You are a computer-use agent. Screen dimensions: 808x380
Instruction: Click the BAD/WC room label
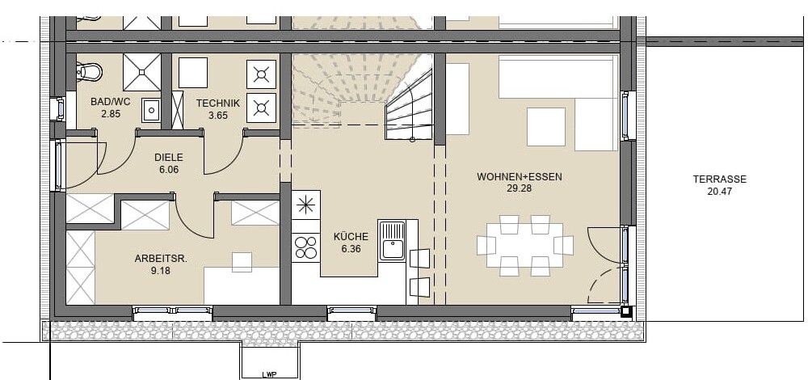[x=110, y=102]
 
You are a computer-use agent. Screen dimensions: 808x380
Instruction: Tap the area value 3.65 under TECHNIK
[x=218, y=116]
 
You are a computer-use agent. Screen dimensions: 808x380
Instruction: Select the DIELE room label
[x=169, y=158]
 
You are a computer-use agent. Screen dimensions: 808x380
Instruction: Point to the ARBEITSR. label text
[x=161, y=259]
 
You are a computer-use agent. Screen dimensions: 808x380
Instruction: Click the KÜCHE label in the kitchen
[x=351, y=237]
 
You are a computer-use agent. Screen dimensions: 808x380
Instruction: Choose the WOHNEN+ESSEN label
[x=520, y=177]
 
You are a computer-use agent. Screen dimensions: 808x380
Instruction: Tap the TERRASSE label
[x=719, y=179]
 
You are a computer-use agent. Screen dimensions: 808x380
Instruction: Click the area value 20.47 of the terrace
[x=719, y=192]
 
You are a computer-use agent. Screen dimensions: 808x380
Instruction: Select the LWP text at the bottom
[x=270, y=375]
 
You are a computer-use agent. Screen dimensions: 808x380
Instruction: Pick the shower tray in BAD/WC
[x=141, y=72]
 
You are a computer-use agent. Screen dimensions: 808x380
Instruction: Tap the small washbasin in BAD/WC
[x=150, y=110]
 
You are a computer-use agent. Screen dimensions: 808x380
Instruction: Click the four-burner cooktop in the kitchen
[x=305, y=247]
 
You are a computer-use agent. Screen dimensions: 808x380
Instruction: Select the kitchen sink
[x=392, y=240]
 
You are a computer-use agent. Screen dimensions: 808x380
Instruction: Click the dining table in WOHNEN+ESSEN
[x=524, y=245]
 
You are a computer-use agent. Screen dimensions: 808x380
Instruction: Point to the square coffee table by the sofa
[x=546, y=127]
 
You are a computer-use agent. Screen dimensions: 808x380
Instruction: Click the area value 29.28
[x=520, y=188]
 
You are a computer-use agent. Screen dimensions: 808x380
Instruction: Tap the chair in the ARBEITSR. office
[x=242, y=262]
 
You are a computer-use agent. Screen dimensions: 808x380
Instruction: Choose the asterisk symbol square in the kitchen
[x=305, y=205]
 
